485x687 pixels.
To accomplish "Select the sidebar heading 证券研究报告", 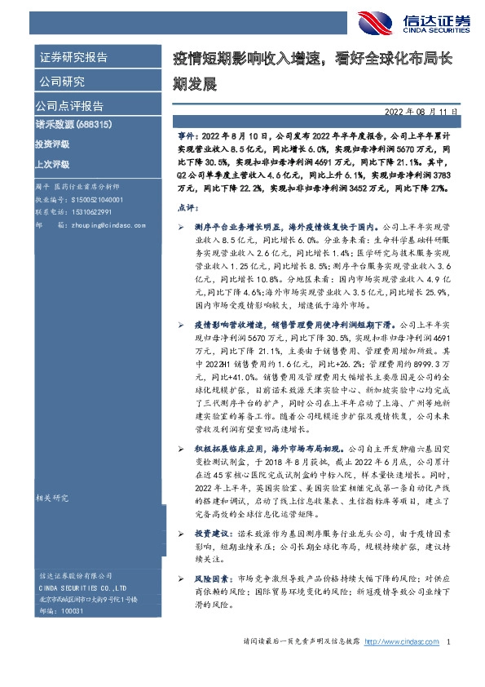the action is (73, 57).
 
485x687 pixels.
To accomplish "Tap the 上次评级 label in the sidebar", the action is (52, 163).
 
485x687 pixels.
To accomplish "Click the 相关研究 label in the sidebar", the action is (51, 496).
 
